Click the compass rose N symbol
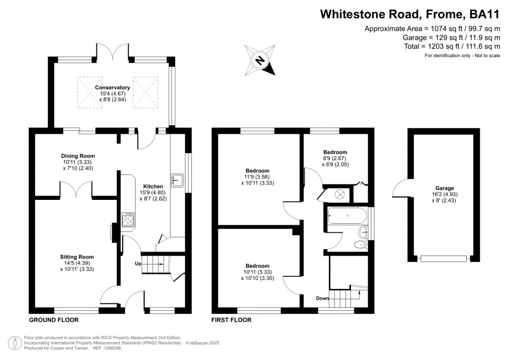(259, 60)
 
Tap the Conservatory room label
(112, 88)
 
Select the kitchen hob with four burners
(128, 220)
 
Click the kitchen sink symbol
(177, 180)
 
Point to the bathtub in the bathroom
(347, 215)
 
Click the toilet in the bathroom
(360, 245)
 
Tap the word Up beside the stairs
(138, 264)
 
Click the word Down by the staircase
(322, 298)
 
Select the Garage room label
(444, 188)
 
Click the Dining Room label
(78, 156)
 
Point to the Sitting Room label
(77, 257)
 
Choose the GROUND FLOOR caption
(54, 320)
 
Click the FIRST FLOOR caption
(232, 320)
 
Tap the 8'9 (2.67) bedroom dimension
(335, 158)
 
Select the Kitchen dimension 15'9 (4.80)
(153, 192)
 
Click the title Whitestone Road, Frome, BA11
(410, 14)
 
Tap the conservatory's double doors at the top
(113, 51)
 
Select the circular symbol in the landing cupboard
(339, 194)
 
